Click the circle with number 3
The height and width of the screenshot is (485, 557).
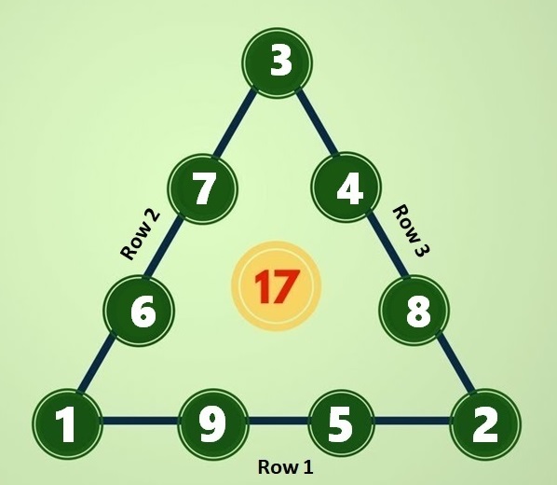pyautogui.click(x=278, y=62)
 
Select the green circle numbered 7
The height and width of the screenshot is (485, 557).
pyautogui.click(x=202, y=188)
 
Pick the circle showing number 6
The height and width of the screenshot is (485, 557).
pyautogui.click(x=139, y=311)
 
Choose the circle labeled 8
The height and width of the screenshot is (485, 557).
pyautogui.click(x=414, y=311)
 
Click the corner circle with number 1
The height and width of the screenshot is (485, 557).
pyautogui.click(x=67, y=423)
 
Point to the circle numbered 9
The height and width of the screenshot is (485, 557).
pyautogui.click(x=212, y=423)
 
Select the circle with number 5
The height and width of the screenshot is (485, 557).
pyautogui.click(x=341, y=423)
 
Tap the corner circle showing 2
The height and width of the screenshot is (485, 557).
pyautogui.click(x=485, y=423)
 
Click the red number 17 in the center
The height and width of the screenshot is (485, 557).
pyautogui.click(x=277, y=286)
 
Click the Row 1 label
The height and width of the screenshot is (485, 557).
pyautogui.click(x=286, y=466)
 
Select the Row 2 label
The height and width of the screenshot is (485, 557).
pyautogui.click(x=140, y=235)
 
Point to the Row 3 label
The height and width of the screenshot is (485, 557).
pyautogui.click(x=412, y=229)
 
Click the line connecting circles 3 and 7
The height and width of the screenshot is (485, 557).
pyautogui.click(x=235, y=123)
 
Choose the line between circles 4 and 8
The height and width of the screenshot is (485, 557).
pyautogui.click(x=387, y=244)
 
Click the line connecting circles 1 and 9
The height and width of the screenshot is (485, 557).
pyautogui.click(x=140, y=421)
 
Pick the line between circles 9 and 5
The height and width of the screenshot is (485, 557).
pyautogui.click(x=278, y=421)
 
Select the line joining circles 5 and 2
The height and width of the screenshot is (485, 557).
pyautogui.click(x=413, y=421)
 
